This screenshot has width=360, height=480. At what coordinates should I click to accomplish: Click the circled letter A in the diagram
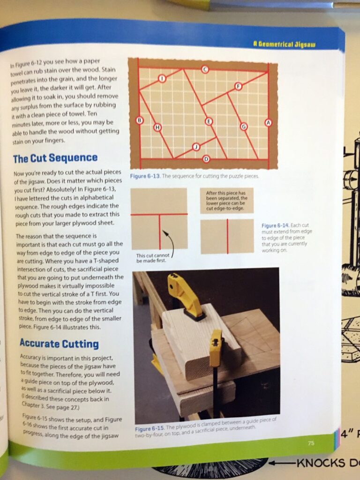click(269, 122)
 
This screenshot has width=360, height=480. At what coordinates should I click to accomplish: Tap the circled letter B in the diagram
click(139, 120)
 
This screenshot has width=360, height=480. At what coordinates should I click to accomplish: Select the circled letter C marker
click(205, 70)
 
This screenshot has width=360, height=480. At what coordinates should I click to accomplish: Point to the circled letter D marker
click(207, 159)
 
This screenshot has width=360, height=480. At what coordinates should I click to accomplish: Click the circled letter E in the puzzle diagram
click(209, 121)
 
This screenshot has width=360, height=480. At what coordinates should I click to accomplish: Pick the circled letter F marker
click(238, 86)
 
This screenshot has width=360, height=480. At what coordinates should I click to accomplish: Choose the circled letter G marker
click(243, 126)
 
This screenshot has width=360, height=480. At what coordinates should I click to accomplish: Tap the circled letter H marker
click(157, 127)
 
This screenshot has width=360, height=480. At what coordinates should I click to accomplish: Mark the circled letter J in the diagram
click(196, 147)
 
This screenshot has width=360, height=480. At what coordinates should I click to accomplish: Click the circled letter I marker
click(162, 78)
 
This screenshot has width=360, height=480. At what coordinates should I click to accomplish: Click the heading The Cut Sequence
click(55, 158)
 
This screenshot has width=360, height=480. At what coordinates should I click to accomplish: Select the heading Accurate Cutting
click(59, 344)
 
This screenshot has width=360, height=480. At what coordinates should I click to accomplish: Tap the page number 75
click(311, 442)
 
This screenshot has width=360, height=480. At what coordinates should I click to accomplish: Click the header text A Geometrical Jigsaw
click(285, 45)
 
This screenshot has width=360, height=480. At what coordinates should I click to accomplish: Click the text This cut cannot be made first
click(151, 258)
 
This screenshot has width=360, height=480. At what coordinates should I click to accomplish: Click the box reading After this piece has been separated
click(226, 201)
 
